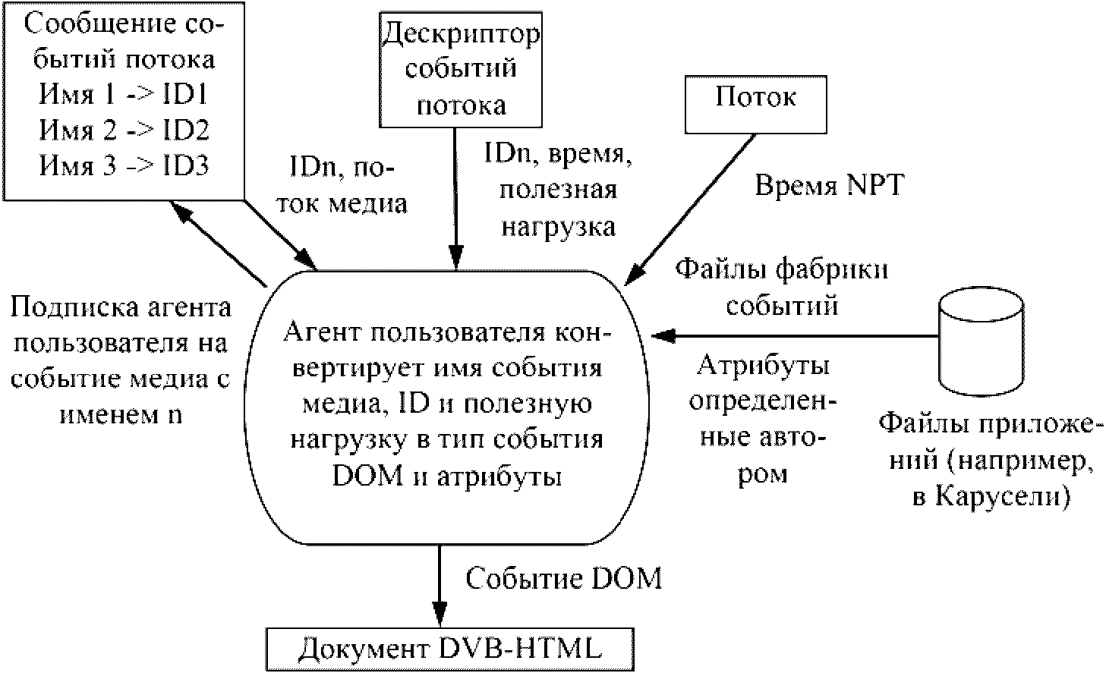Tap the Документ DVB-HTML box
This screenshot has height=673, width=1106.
(x=450, y=649)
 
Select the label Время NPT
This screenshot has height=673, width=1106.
(x=829, y=185)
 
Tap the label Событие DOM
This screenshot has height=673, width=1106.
(x=563, y=579)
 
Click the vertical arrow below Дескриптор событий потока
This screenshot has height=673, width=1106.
(x=455, y=197)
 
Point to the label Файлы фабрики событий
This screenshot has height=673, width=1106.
(x=782, y=286)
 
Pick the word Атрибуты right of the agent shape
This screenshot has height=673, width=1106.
(x=763, y=366)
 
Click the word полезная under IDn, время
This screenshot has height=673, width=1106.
(x=557, y=190)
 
